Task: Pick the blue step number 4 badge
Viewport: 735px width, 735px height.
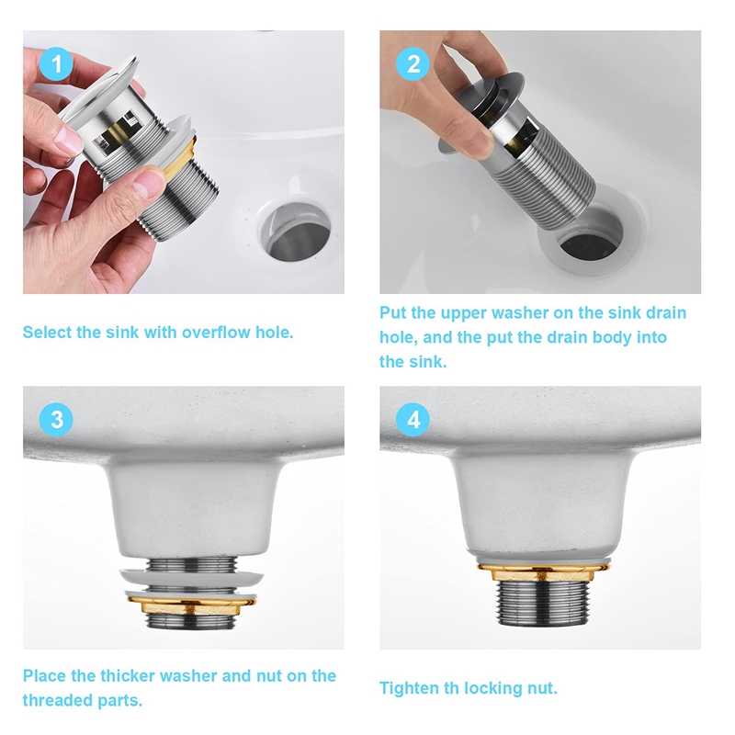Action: coord(413,420)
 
